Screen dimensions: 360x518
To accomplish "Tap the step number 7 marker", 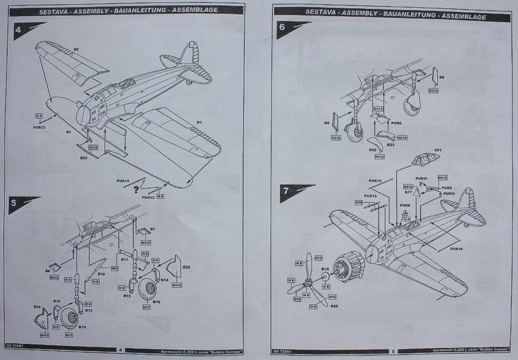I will [x=286, y=190].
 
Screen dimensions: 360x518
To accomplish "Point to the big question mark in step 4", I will [x=137, y=190].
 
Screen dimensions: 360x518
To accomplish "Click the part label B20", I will [x=84, y=158].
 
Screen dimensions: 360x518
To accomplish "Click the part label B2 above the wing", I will [x=76, y=49].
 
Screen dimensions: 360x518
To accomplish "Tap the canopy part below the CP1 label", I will [x=426, y=159].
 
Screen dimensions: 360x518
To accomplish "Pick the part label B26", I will [x=333, y=306].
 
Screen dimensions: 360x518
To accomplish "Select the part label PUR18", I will [x=456, y=248].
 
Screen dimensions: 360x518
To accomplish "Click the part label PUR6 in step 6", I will [x=396, y=123].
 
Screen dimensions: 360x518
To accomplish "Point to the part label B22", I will [x=372, y=150].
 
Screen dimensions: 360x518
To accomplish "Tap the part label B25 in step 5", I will [x=186, y=266].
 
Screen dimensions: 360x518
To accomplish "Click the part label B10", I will [x=102, y=274].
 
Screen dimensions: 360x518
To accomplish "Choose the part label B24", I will [x=37, y=307].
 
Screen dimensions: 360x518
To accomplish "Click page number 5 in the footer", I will [x=393, y=350].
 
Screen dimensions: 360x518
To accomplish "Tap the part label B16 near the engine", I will [x=325, y=269].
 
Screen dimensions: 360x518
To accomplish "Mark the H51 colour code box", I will [x=114, y=269].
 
